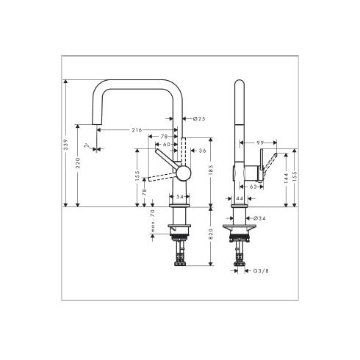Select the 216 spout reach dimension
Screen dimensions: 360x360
pyautogui.click(x=137, y=129)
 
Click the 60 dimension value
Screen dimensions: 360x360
pyautogui.click(x=168, y=144)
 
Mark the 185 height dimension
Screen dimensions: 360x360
pyautogui.click(x=210, y=171)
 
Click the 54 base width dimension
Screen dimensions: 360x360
pyautogui.click(x=179, y=196)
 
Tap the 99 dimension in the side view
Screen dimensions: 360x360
pyautogui.click(x=260, y=142)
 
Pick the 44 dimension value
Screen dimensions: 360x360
pyautogui.click(x=240, y=198)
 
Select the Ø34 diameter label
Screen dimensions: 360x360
pyautogui.click(x=258, y=219)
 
